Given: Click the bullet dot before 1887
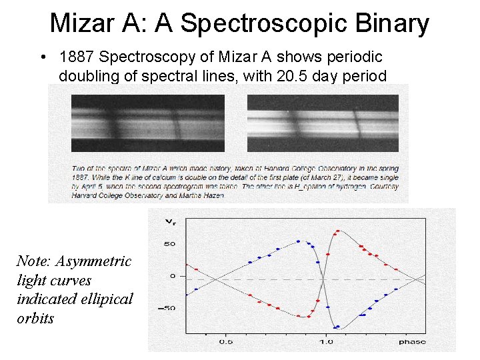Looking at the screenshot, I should pos(42,59).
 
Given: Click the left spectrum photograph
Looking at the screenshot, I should pos(148,124).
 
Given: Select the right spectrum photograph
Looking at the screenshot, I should pos(323,124).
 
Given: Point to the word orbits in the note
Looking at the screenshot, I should pos(35,318).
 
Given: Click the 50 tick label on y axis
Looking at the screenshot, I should pos(170,244).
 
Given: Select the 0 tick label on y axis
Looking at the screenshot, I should pos(172,276).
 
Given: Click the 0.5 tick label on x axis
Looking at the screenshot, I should pos(226,341).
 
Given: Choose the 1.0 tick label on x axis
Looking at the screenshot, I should pos(325,341).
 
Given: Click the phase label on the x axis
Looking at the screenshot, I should pos(412,341).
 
